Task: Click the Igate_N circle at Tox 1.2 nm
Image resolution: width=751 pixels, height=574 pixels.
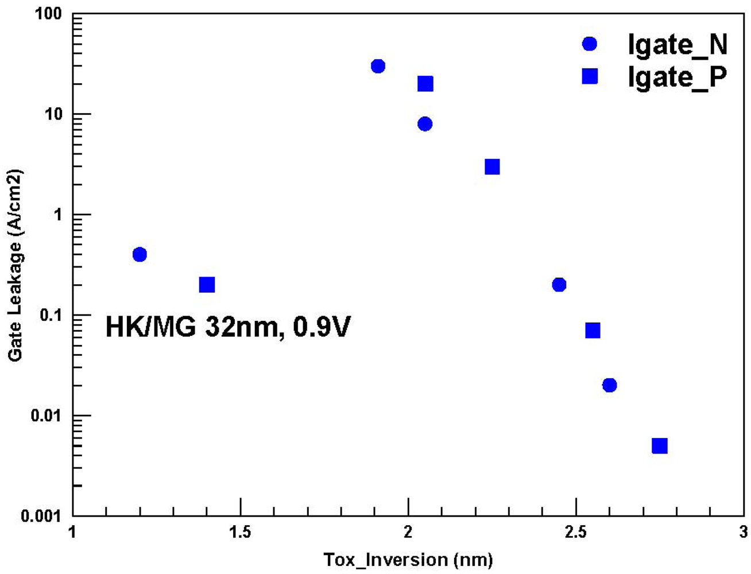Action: (x=140, y=254)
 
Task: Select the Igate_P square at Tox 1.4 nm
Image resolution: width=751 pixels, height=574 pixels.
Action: (x=207, y=285)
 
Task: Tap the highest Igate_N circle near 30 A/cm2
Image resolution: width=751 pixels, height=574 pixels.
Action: (x=378, y=66)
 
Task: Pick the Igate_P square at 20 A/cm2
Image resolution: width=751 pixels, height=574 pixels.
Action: (x=425, y=84)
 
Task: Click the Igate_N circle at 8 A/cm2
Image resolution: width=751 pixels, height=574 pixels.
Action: (x=425, y=124)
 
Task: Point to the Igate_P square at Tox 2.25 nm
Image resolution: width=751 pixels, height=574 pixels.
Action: (x=492, y=167)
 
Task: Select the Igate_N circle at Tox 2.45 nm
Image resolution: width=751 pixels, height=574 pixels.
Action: (x=559, y=285)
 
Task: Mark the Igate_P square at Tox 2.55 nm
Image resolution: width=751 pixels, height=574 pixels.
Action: (x=593, y=331)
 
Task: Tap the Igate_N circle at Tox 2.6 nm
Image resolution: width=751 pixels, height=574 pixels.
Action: (x=610, y=385)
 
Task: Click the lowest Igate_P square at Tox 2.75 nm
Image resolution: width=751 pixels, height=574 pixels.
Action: (x=660, y=446)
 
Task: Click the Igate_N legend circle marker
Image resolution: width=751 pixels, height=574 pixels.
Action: (x=590, y=44)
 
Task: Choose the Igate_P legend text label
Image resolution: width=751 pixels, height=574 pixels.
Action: (x=678, y=77)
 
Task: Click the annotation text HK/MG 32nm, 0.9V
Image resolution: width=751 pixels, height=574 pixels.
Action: (x=227, y=327)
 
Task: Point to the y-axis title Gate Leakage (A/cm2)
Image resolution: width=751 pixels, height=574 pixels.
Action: (x=16, y=265)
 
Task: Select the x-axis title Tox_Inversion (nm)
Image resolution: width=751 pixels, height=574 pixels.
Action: (x=408, y=559)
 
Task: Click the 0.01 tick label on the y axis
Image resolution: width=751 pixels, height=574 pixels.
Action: (x=46, y=415)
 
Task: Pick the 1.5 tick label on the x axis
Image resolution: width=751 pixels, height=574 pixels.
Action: (x=240, y=532)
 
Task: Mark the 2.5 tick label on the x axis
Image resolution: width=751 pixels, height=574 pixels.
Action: (x=575, y=532)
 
